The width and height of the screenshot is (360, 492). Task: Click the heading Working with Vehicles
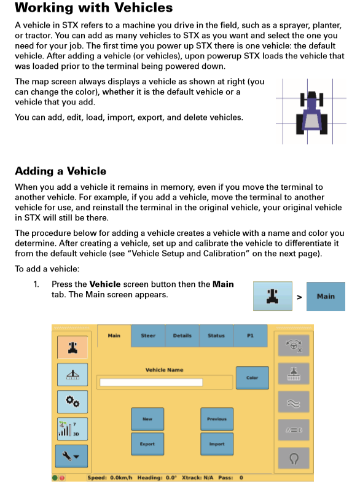94,7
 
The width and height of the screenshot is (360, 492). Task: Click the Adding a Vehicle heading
61,171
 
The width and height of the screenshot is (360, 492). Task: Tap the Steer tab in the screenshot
148,335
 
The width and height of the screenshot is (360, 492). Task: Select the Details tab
182,335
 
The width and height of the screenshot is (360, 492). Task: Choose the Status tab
216,335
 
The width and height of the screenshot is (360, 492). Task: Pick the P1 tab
250,335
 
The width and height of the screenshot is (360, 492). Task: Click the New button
147,418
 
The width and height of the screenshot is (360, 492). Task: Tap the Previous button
217,418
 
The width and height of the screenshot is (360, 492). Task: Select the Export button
147,443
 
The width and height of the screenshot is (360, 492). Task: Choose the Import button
217,443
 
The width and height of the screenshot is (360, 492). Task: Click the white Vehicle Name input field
151,382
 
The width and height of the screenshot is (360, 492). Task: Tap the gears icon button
72,402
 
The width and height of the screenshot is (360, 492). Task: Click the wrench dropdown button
71,456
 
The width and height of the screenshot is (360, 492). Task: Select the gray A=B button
294,430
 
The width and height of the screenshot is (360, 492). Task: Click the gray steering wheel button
294,345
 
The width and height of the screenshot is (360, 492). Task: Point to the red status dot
62,478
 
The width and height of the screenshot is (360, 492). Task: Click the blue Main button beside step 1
326,296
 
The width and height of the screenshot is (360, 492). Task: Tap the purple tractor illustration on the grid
311,112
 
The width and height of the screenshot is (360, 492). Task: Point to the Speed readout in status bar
110,478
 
